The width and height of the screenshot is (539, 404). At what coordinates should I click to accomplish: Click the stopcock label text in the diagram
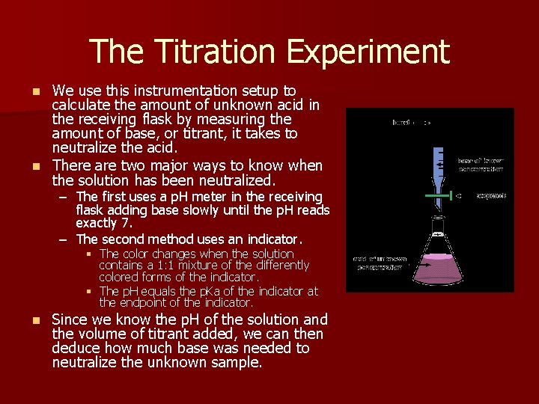tap(490, 195)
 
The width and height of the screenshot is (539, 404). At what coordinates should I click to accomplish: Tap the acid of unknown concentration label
tap(380, 263)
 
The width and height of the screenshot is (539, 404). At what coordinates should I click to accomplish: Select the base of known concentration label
tap(481, 165)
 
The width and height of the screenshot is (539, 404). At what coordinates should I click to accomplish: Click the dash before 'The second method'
tap(64, 239)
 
